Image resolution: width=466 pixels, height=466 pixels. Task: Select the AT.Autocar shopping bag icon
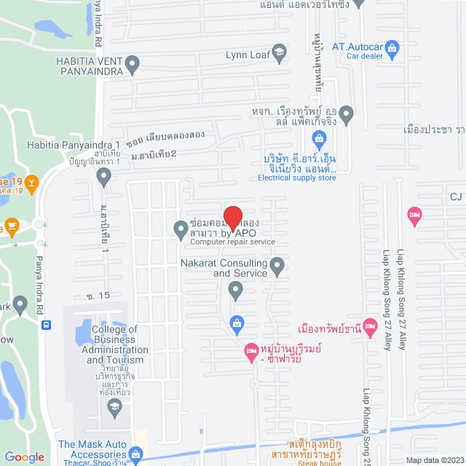pos(392,47)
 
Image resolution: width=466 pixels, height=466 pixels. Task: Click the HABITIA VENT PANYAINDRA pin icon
pos(132,66)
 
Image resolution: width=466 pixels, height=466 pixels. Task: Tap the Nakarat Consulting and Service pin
pos(277,266)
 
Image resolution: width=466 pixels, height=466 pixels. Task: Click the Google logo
pos(24,457)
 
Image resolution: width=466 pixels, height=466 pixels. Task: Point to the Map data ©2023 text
pos(434,459)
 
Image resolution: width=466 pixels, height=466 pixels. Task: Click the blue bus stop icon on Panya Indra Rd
pos(47,326)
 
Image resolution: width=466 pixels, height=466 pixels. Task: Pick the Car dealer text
pos(364,56)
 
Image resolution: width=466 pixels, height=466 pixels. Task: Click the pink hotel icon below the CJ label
pos(414,214)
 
